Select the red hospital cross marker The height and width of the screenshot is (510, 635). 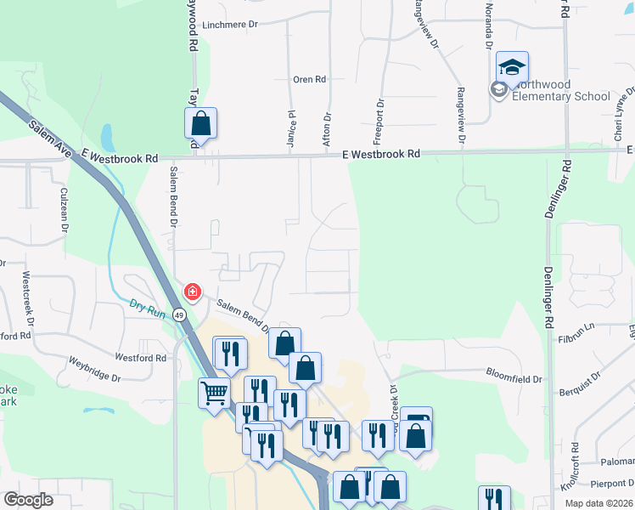[x=193, y=292]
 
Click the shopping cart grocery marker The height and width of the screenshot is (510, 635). [x=213, y=392]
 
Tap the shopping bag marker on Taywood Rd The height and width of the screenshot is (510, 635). [x=200, y=122]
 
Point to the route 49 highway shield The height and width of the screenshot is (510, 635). [x=179, y=314]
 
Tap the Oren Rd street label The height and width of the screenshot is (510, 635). [x=309, y=80]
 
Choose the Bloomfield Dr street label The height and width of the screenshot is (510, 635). [x=514, y=372]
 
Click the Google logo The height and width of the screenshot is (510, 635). [x=28, y=500]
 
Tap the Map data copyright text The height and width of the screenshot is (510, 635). [x=598, y=503]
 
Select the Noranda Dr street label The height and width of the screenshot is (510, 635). [x=488, y=29]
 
